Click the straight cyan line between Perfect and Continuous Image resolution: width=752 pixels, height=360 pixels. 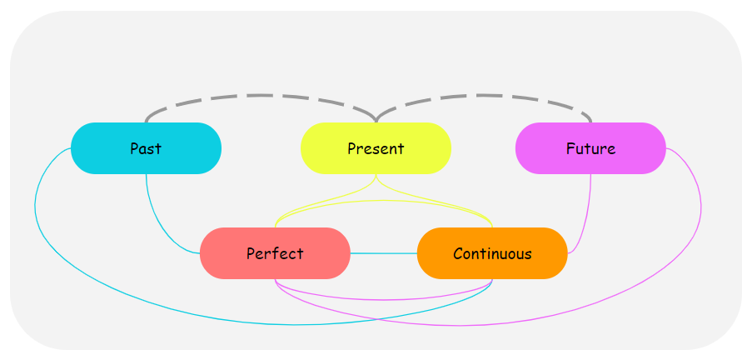(x=383, y=253)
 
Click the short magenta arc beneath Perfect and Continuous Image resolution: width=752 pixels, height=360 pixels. (x=383, y=299)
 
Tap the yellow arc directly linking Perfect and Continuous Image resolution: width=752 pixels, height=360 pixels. (x=383, y=200)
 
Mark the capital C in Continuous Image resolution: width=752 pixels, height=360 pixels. (x=458, y=253)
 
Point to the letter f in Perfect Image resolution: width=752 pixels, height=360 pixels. (x=276, y=252)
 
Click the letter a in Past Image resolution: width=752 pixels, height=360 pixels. (x=144, y=150)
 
